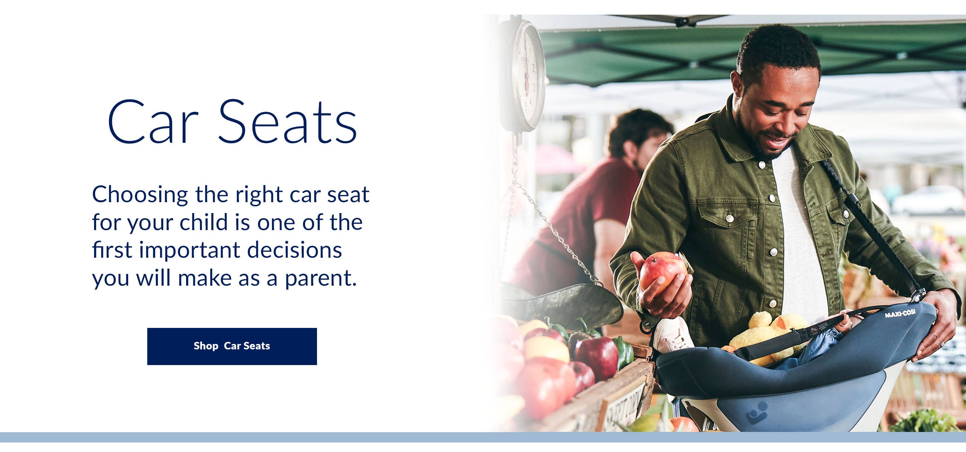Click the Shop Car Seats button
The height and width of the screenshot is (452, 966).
tap(232, 346)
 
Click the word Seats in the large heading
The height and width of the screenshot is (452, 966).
tap(288, 122)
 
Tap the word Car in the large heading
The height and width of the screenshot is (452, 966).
tap(152, 122)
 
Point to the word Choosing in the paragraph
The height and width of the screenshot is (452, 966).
tap(140, 195)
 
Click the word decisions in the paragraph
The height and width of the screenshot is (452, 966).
tap(295, 250)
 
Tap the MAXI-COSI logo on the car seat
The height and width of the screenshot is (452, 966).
tap(900, 313)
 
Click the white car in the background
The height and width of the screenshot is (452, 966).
tap(926, 201)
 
